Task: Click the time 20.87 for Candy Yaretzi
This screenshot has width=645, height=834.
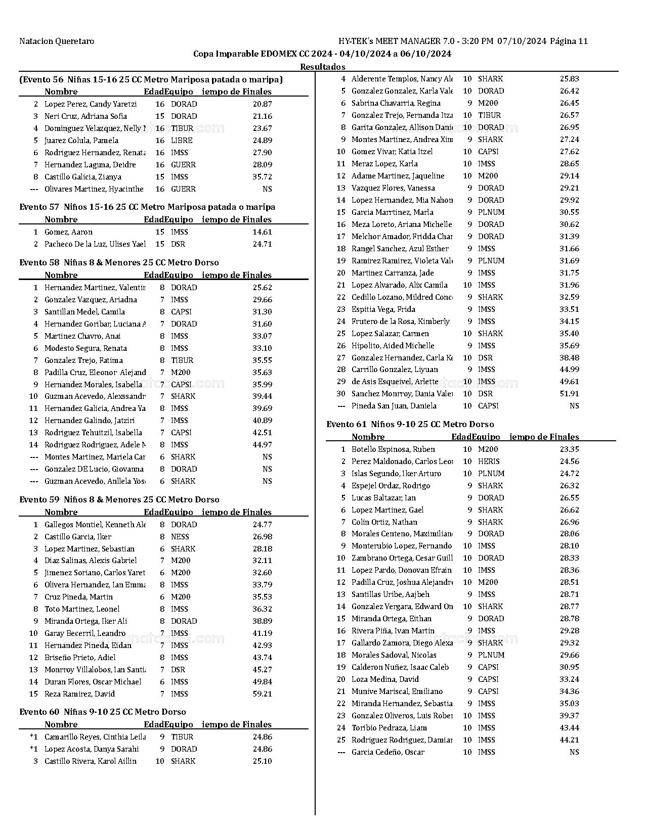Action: tap(262, 104)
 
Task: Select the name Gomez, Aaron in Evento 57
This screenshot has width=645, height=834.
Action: tap(68, 232)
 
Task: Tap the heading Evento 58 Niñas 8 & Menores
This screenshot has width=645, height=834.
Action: tap(119, 262)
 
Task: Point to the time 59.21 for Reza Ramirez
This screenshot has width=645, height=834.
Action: tap(262, 694)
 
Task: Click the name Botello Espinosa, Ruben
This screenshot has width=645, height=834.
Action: tap(393, 449)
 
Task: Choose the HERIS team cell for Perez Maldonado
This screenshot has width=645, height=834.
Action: tap(489, 461)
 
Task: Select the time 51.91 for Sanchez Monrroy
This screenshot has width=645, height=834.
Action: tap(569, 394)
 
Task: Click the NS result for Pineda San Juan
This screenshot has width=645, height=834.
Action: tap(574, 406)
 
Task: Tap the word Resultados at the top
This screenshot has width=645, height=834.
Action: tap(322, 67)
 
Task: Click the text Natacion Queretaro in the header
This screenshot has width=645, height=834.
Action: tap(57, 41)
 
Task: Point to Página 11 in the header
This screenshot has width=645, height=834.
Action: tap(569, 41)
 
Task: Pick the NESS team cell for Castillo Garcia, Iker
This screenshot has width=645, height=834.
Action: tap(180, 537)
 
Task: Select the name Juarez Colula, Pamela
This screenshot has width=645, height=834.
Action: tap(81, 141)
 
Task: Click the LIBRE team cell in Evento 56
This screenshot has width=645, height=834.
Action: tap(182, 141)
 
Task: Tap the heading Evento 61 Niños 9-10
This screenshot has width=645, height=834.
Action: tap(410, 424)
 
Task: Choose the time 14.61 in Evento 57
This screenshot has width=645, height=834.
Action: tap(262, 232)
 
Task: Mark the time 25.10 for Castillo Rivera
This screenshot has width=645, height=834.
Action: tap(262, 761)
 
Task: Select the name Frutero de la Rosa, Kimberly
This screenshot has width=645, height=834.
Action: tap(400, 321)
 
